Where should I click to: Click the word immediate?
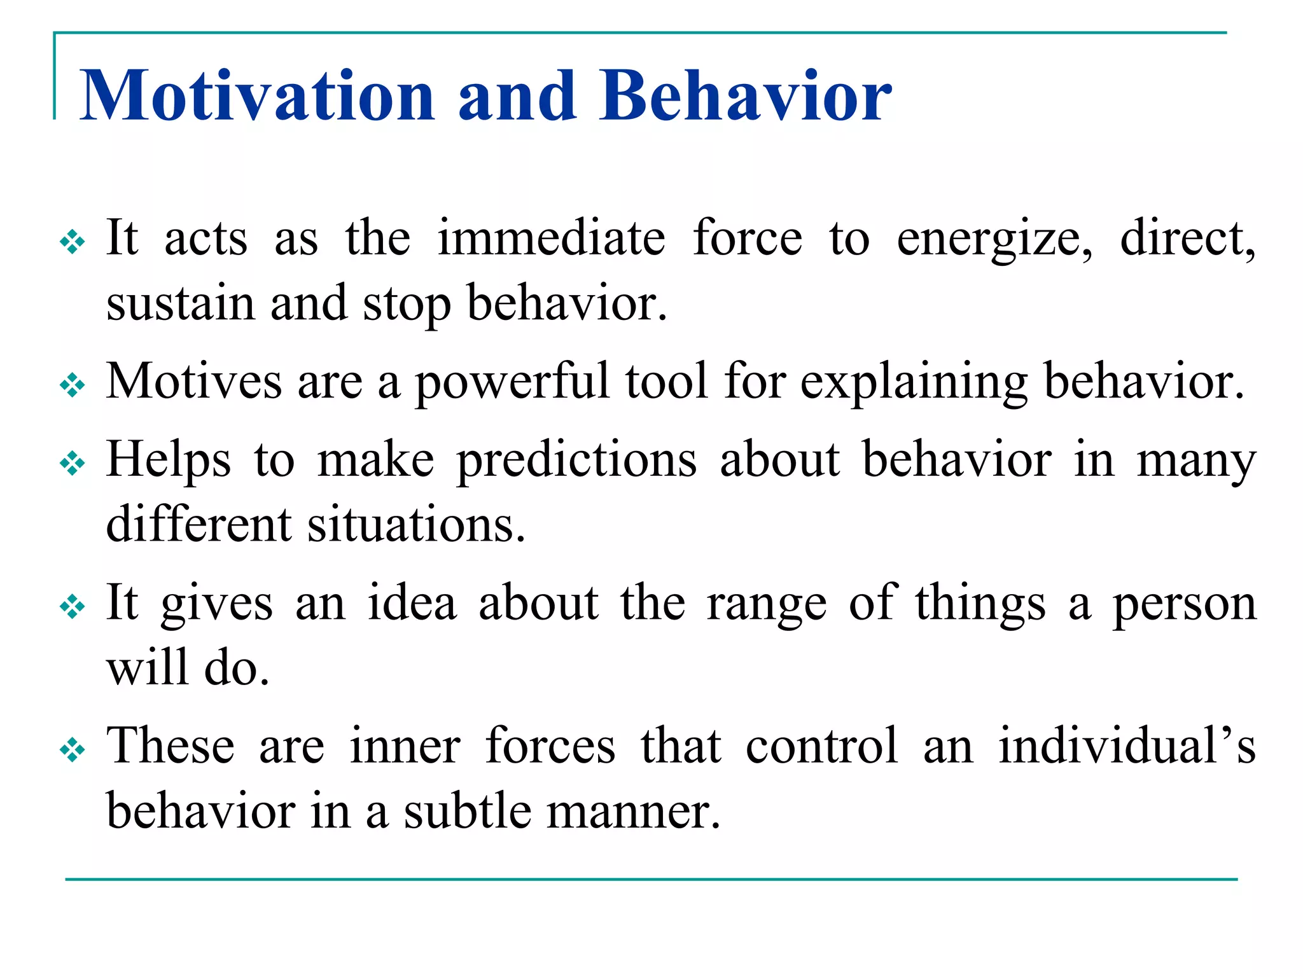tap(551, 238)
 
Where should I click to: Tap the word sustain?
tap(180, 303)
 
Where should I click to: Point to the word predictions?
tap(576, 461)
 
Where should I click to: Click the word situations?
tap(417, 525)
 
